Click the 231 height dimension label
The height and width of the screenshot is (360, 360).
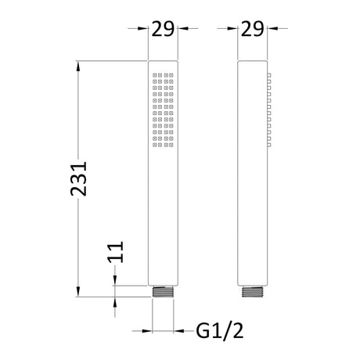pyautogui.click(x=78, y=178)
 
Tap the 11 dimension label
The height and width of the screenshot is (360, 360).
pyautogui.click(x=115, y=252)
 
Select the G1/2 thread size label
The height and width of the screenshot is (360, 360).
pyautogui.click(x=220, y=331)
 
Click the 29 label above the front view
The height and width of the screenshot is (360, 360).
pyautogui.click(x=163, y=29)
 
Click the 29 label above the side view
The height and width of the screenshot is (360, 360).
pyautogui.click(x=252, y=29)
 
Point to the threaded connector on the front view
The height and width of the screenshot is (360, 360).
pyautogui.click(x=163, y=292)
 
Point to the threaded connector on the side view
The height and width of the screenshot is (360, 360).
pyautogui.click(x=252, y=292)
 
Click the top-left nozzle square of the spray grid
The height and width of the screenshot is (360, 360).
pyautogui.click(x=155, y=75)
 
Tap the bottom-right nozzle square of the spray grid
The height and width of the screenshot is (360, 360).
pyautogui.click(x=171, y=145)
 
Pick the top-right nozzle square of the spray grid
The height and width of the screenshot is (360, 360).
pyautogui.click(x=171, y=75)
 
